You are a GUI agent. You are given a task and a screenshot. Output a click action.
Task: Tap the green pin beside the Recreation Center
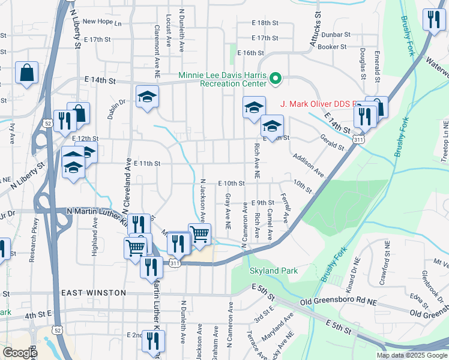[x=276, y=78]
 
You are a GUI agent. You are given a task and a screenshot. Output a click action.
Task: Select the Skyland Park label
[x=273, y=271]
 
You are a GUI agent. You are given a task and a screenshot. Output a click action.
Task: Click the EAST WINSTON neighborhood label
[x=94, y=293]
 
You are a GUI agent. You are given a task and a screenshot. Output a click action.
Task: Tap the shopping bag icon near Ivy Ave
[x=27, y=73]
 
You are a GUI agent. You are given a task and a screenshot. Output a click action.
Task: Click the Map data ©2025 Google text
[x=412, y=355]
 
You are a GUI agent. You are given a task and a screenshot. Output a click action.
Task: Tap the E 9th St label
[x=263, y=203]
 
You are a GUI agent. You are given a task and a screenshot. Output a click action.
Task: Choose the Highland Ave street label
[x=95, y=238]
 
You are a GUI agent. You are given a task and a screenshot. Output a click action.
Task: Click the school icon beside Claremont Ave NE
[x=146, y=98]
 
